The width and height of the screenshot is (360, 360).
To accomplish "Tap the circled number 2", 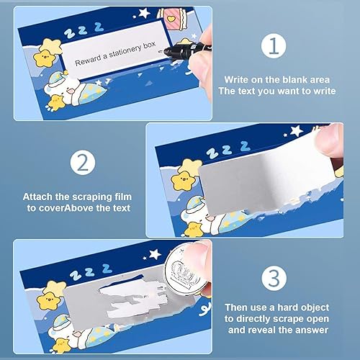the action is (83, 162).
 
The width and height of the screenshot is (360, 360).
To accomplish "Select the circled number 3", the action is (274, 278).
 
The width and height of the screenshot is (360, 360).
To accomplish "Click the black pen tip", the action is (161, 51).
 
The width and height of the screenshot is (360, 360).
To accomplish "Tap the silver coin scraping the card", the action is (186, 271).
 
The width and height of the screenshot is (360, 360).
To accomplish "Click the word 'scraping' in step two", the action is (93, 197).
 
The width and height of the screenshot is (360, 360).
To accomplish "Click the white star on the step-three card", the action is (155, 254).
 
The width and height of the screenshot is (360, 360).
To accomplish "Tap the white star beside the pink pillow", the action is (145, 13).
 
